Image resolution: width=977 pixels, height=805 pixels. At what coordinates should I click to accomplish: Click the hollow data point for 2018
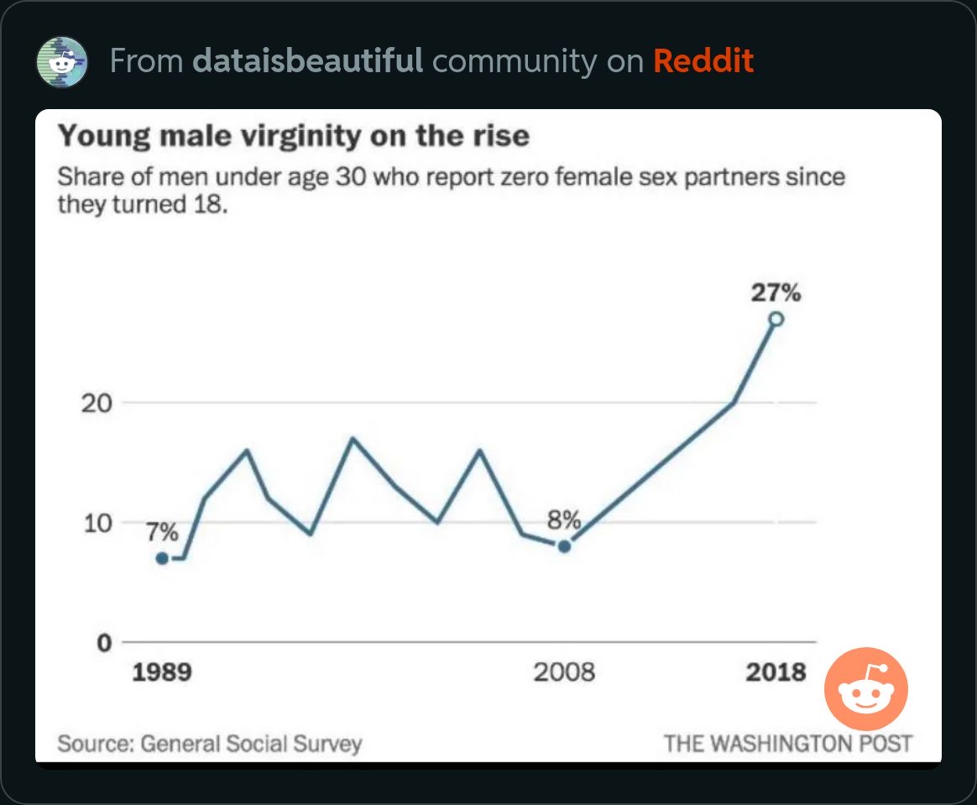[x=776, y=319]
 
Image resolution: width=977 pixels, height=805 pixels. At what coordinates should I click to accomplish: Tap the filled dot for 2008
[x=564, y=546]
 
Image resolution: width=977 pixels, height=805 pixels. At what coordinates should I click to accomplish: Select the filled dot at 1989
[x=162, y=558]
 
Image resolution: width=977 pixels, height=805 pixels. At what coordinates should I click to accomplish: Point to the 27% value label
[x=776, y=292]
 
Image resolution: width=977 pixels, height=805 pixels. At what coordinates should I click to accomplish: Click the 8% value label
[x=564, y=520]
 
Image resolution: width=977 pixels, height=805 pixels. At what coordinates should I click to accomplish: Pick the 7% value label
[x=162, y=532]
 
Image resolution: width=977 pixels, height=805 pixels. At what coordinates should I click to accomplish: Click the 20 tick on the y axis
[x=97, y=404]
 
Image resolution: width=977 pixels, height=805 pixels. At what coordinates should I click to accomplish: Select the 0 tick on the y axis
[x=105, y=642]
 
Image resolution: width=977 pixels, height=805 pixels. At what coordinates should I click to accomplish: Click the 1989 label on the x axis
[x=162, y=672]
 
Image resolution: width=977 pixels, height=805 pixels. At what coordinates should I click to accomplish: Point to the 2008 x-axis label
[x=564, y=672]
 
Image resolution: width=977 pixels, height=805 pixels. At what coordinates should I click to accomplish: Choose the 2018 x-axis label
[x=776, y=672]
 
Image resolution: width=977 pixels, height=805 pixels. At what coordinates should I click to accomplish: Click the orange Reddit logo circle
[x=865, y=689]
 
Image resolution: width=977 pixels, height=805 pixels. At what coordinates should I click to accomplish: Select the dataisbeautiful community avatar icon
[x=61, y=61]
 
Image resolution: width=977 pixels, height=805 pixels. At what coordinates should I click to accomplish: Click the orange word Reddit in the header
[x=703, y=61]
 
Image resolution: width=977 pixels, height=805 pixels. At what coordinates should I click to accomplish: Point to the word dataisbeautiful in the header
[x=308, y=61]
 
